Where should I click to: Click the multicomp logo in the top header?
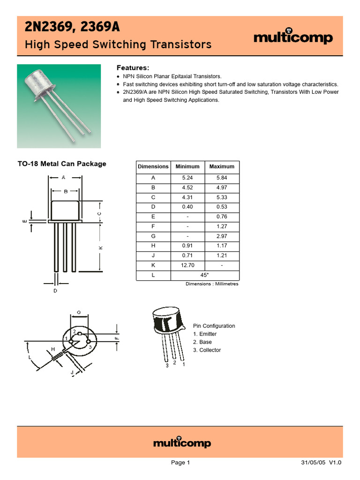[293, 38]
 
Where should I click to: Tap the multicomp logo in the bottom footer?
[182, 443]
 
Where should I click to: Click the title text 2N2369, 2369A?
[72, 28]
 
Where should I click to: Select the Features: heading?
[133, 68]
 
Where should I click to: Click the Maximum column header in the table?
[222, 166]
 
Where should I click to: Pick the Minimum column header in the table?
[187, 166]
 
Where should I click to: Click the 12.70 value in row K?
[187, 265]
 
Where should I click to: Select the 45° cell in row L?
[204, 275]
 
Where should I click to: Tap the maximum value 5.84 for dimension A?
[222, 178]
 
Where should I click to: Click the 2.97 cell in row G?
[222, 236]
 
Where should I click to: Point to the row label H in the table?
[153, 246]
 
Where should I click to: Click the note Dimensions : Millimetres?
[212, 284]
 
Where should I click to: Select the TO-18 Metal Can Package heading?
[62, 164]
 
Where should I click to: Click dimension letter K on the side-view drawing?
[100, 247]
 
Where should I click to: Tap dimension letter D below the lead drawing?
[55, 291]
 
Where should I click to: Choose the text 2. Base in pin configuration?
[202, 342]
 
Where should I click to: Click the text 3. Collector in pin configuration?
[207, 350]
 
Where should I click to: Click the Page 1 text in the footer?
[180, 463]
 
